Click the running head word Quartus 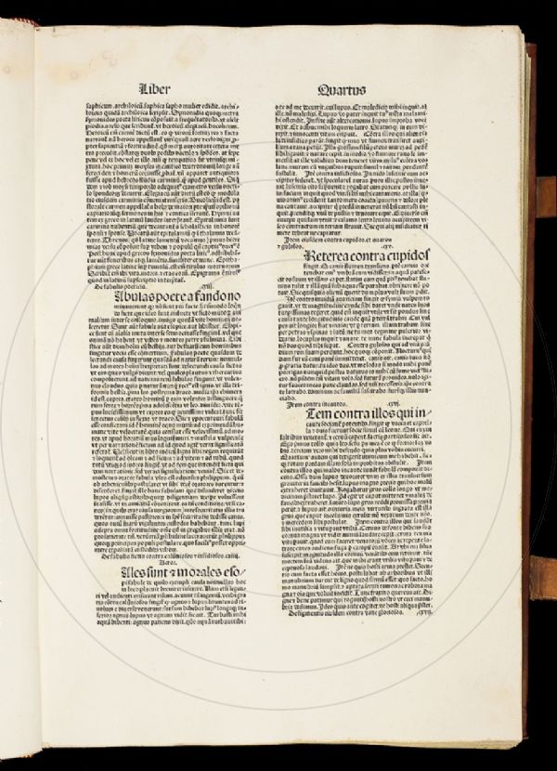coord(339,90)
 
